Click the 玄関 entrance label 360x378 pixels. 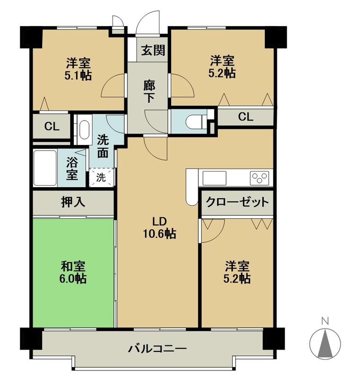(x=153, y=50)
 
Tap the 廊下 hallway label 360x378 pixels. (x=149, y=91)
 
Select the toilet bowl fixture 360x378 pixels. (x=195, y=121)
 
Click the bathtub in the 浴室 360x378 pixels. (x=45, y=168)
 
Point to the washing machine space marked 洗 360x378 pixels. (x=101, y=178)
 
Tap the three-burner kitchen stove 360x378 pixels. (x=260, y=178)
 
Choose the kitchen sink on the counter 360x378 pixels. (x=214, y=178)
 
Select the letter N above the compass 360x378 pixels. (x=325, y=321)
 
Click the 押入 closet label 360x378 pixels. (x=73, y=202)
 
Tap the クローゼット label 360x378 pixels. (x=237, y=202)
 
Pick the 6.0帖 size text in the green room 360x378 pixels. (x=73, y=279)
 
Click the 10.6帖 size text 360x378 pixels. (x=159, y=233)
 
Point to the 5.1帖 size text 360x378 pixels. (x=78, y=76)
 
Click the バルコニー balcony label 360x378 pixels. (x=158, y=349)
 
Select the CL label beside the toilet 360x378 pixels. (x=246, y=117)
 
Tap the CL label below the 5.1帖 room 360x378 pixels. (x=52, y=126)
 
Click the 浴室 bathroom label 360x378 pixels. (x=72, y=169)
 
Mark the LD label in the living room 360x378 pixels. (x=159, y=221)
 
